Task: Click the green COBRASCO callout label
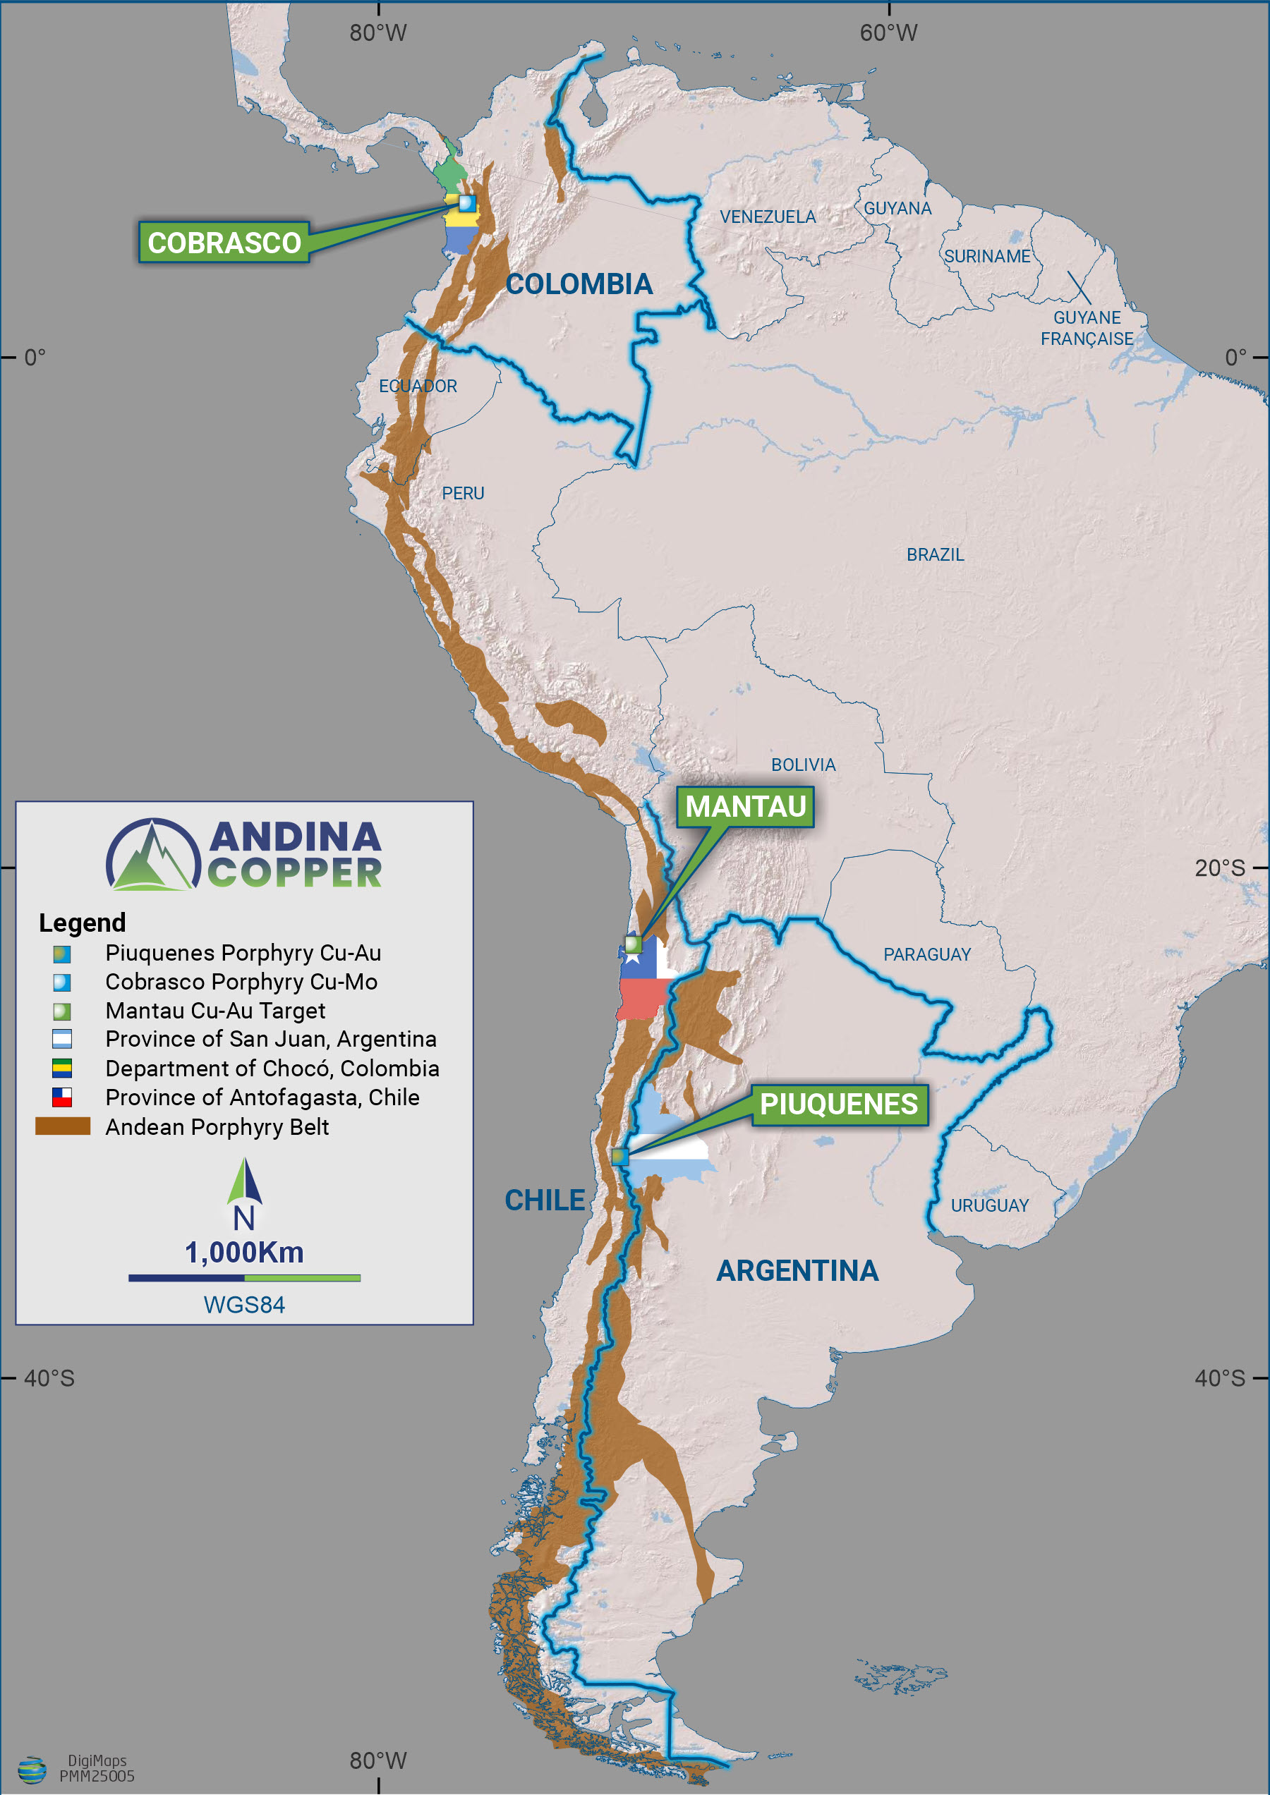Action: click(224, 243)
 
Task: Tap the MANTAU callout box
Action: click(745, 806)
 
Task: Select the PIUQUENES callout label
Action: click(838, 1104)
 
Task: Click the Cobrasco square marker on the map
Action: click(466, 203)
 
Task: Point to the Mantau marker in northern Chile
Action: click(633, 944)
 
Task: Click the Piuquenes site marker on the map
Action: click(619, 1155)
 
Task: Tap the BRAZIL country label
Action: click(935, 554)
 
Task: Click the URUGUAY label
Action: click(989, 1205)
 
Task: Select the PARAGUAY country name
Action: click(926, 954)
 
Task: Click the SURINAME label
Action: click(987, 257)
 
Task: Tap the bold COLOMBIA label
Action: click(579, 284)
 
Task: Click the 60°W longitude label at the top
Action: click(888, 33)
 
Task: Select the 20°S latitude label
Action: click(1218, 868)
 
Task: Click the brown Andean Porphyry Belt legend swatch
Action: click(63, 1126)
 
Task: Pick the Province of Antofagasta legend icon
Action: click(62, 1097)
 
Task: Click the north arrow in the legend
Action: click(244, 1182)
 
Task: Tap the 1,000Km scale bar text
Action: click(244, 1253)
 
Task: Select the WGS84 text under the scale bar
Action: click(244, 1305)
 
